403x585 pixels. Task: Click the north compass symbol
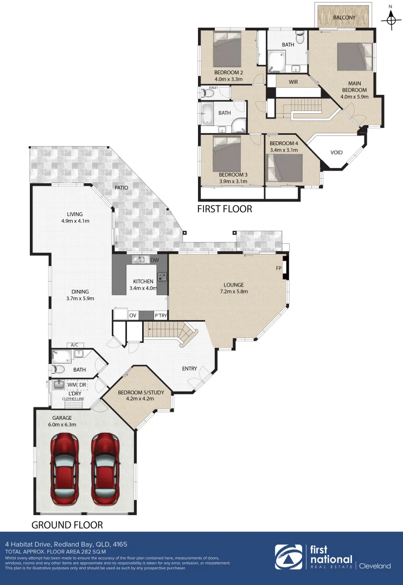(389, 19)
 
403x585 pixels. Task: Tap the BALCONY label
(344, 18)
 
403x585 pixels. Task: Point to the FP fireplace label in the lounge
(278, 268)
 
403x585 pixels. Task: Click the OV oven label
(132, 315)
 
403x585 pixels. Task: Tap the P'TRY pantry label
(161, 315)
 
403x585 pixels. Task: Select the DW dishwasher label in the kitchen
(155, 261)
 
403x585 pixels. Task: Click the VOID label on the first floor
(336, 152)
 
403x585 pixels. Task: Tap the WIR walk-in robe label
(293, 82)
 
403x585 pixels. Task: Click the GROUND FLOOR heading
(67, 524)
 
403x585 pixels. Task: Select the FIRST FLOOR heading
(224, 209)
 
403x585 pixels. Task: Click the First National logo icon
(289, 557)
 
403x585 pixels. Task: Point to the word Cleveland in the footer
(375, 565)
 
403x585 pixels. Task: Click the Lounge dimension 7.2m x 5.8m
(234, 291)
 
